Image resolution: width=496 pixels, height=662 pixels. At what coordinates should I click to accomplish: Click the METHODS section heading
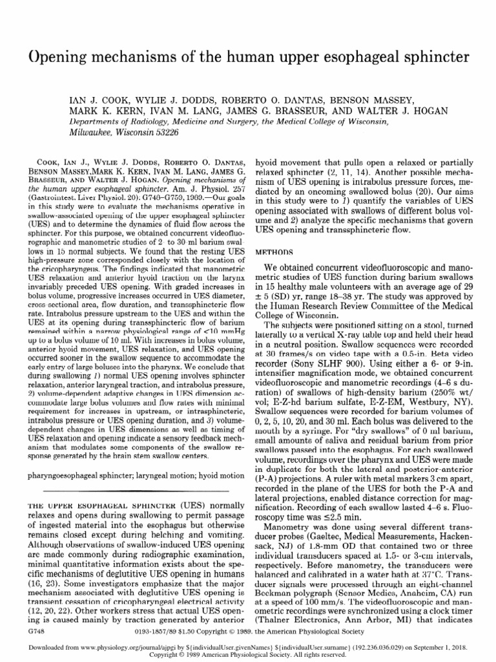pyautogui.click(x=276, y=232)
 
